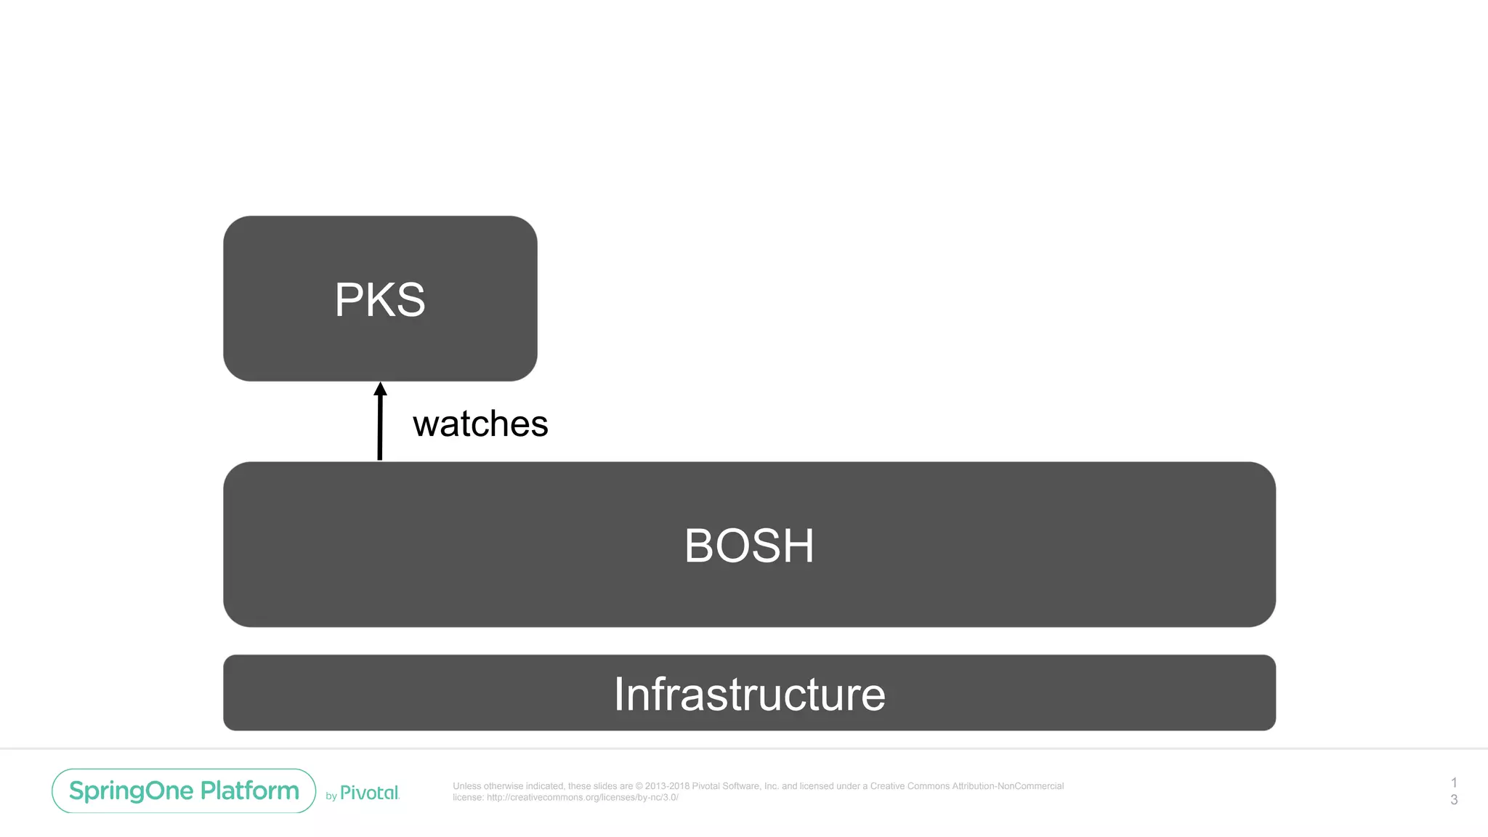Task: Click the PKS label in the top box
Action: point(380,299)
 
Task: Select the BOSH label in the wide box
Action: point(749,546)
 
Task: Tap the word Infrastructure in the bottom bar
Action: point(749,694)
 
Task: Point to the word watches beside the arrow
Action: point(480,424)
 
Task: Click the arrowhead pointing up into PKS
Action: point(380,389)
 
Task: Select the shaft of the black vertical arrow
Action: point(379,429)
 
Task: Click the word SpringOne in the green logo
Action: point(132,790)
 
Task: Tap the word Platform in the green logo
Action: point(250,790)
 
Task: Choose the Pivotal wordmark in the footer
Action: point(370,793)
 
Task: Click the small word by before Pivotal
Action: point(331,796)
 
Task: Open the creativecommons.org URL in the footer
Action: point(582,797)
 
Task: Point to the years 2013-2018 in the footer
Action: point(667,786)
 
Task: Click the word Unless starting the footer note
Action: point(467,786)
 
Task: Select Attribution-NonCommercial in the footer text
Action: point(1008,786)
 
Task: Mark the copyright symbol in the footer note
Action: point(639,786)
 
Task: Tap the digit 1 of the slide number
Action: point(1454,783)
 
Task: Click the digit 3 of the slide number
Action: point(1454,799)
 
